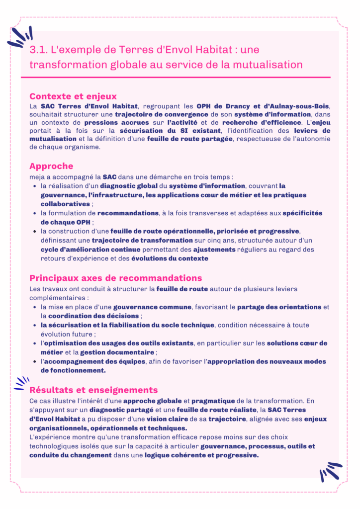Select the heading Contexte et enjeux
73,96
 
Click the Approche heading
51,166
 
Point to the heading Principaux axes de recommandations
115,278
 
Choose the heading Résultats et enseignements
93,390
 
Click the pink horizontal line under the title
175,77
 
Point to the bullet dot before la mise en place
34,307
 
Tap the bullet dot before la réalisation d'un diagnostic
34,186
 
